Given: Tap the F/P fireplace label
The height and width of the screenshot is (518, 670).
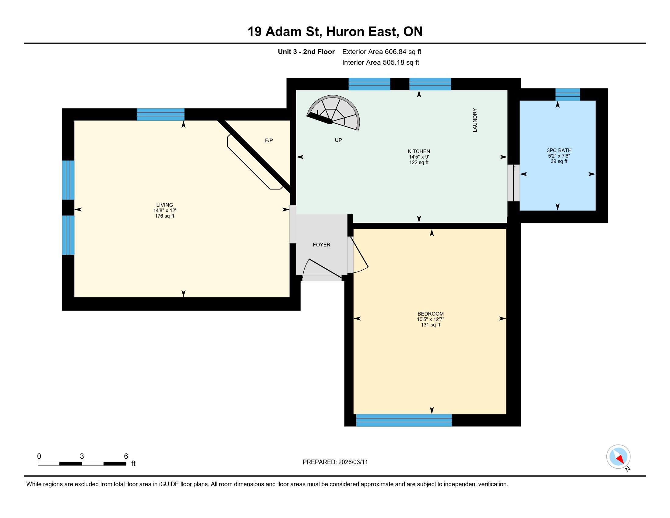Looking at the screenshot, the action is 269,140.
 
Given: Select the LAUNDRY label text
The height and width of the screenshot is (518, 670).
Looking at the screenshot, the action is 475,120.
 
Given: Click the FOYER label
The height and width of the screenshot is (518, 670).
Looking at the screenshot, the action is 322,245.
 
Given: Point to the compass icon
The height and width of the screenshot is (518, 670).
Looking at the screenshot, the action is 618,457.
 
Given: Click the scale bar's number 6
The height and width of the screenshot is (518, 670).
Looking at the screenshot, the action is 126,456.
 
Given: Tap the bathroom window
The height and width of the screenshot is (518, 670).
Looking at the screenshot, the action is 568,94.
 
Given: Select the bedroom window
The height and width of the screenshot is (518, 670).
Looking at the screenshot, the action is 404,420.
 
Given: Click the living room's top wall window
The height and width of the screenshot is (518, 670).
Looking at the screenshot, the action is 160,115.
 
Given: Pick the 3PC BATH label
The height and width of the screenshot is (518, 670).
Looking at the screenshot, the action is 559,150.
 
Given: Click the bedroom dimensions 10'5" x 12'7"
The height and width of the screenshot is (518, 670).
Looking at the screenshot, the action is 430,319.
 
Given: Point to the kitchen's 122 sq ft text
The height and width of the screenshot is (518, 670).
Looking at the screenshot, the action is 419,162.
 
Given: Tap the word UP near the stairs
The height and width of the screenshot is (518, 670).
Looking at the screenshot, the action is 338,140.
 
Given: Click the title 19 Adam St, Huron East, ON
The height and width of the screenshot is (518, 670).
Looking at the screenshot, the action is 335,32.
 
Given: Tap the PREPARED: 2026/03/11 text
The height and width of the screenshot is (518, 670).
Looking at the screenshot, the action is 335,462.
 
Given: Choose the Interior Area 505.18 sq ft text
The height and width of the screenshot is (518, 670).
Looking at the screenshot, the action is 380,62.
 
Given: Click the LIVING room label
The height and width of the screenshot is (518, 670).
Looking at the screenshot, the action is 164,205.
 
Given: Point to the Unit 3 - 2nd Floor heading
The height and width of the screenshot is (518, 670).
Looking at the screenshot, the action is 306,52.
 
